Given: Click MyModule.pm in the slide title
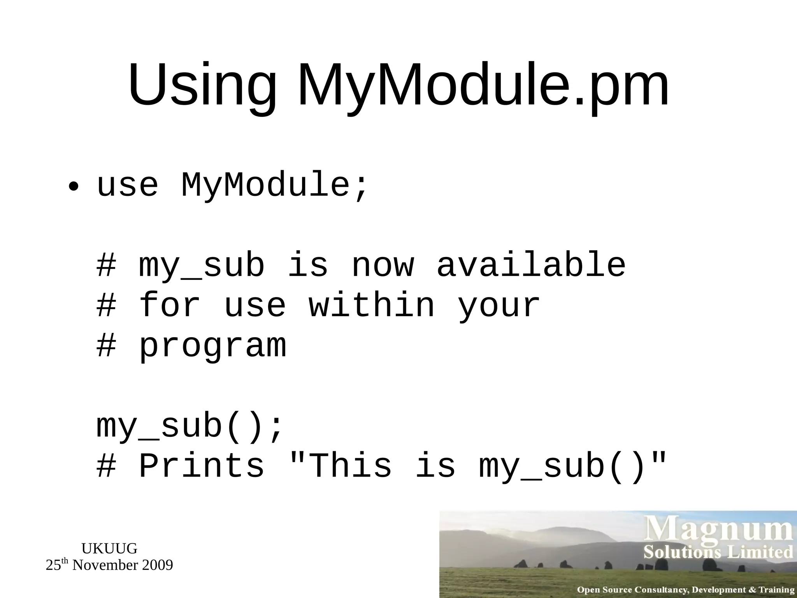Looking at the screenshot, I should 483,86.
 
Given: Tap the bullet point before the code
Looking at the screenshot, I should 73,186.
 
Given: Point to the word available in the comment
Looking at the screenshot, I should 531,266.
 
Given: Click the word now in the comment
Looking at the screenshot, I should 382,266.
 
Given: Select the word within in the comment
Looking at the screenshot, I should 372,306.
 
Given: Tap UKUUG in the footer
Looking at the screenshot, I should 109,549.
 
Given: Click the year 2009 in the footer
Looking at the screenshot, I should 157,565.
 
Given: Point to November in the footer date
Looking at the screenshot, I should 105,565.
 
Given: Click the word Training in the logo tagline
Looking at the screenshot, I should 776,590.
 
